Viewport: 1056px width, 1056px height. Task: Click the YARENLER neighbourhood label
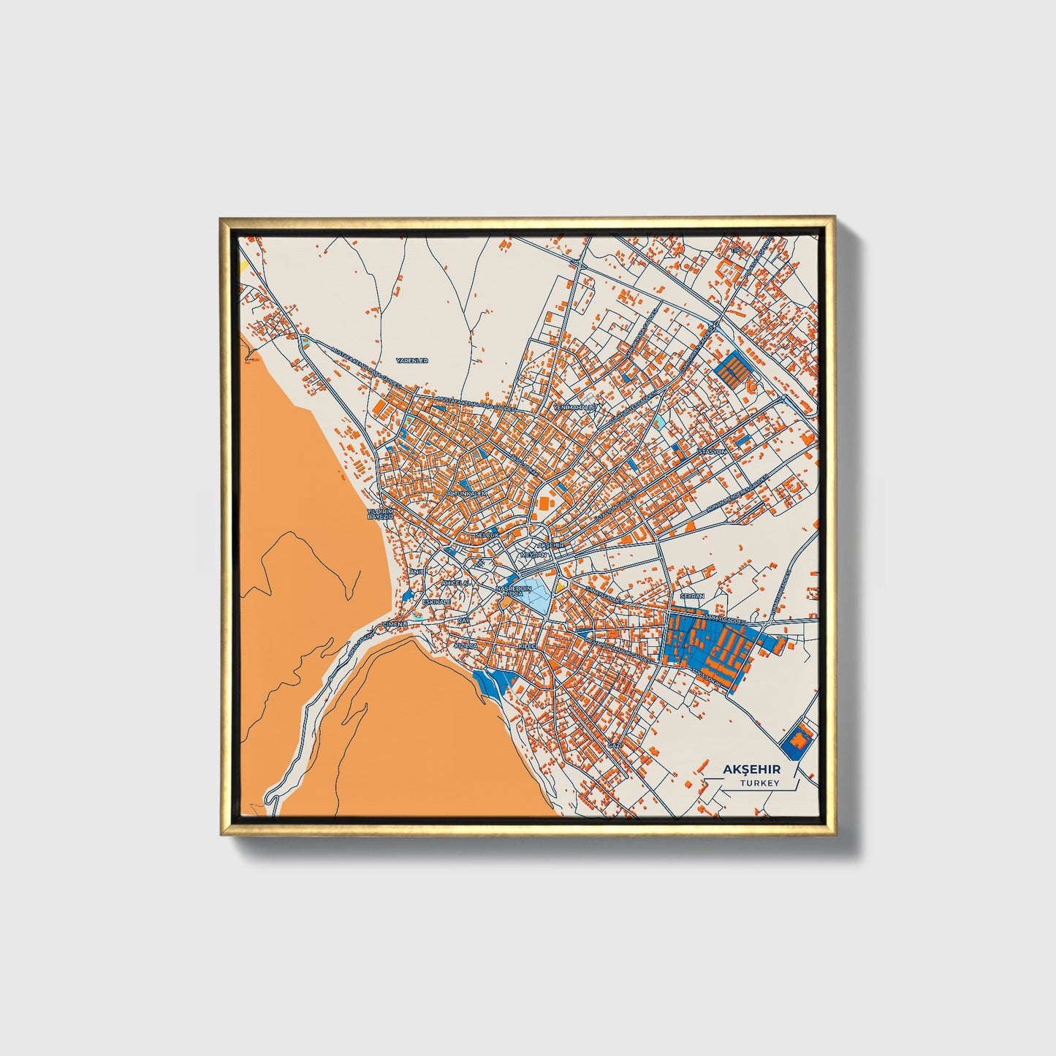411,361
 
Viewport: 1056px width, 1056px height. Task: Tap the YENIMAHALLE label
576,406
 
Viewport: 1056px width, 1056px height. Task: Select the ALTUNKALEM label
466,494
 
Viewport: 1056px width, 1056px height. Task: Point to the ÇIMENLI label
395,623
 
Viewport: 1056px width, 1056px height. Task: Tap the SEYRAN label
691,596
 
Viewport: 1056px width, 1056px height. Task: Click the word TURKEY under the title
759,783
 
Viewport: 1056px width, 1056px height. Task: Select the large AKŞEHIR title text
751,770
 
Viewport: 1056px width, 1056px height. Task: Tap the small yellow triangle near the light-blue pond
561,585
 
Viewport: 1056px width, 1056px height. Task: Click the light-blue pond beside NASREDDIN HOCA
538,595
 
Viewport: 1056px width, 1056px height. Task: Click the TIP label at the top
736,251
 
